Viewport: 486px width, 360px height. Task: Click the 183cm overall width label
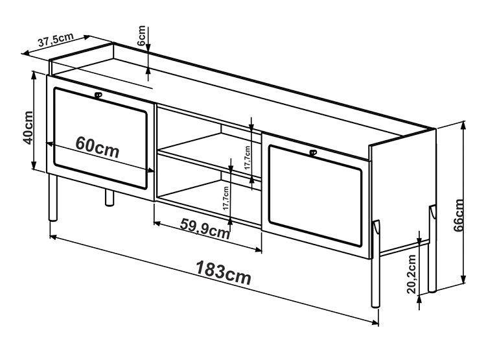224,272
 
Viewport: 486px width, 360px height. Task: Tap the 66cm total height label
459,215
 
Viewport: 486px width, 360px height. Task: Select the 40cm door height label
28,128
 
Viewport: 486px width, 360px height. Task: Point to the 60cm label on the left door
97,147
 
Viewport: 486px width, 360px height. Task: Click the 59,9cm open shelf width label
205,228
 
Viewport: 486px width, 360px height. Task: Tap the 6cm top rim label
141,36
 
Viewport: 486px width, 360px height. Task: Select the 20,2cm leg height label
411,274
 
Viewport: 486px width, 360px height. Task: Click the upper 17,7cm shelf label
247,158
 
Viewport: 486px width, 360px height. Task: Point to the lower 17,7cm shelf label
226,198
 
